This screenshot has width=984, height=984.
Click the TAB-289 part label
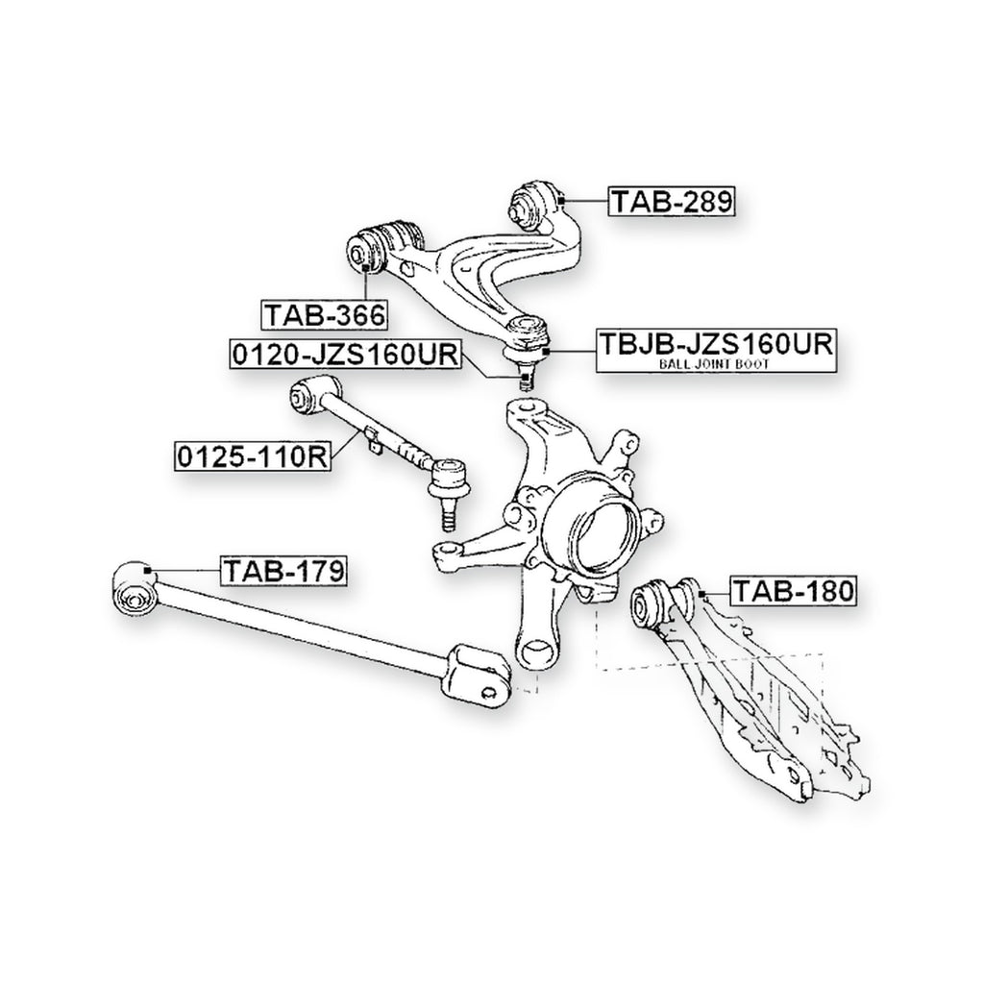pyautogui.click(x=672, y=202)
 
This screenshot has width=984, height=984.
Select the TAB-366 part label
pyautogui.click(x=325, y=314)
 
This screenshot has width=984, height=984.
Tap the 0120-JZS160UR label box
pyautogui.click(x=345, y=354)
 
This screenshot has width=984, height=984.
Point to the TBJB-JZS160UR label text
pyautogui.click(x=715, y=344)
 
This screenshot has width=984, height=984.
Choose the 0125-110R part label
pyautogui.click(x=253, y=456)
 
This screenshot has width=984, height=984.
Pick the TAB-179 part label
pyautogui.click(x=283, y=571)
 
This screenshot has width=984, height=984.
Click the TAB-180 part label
pyautogui.click(x=793, y=591)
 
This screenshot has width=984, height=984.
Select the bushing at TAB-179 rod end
pyautogui.click(x=134, y=589)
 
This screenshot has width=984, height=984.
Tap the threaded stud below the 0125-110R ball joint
pyautogui.click(x=450, y=515)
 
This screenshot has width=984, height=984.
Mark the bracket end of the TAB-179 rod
pyautogui.click(x=476, y=674)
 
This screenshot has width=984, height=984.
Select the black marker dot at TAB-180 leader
pyautogui.click(x=701, y=593)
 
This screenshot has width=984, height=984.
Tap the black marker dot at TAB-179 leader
pyautogui.click(x=148, y=570)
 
